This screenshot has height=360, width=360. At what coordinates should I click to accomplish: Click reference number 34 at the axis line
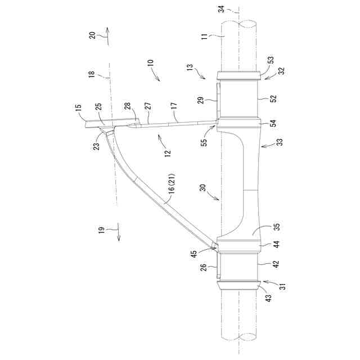click(222, 8)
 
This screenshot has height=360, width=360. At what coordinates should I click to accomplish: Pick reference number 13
click(190, 67)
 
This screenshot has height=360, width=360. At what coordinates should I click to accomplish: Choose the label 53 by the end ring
click(271, 60)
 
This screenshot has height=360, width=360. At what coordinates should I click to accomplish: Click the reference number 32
click(281, 71)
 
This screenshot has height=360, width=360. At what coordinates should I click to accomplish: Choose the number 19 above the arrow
click(100, 230)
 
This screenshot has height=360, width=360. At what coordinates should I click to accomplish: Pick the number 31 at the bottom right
click(282, 286)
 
